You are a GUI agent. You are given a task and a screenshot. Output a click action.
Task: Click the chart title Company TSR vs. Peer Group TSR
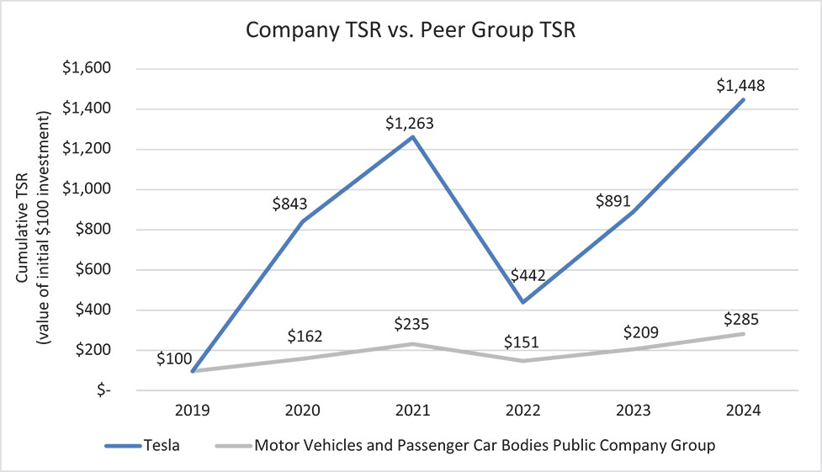tap(411, 31)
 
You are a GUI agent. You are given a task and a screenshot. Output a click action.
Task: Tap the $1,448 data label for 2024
tap(742, 85)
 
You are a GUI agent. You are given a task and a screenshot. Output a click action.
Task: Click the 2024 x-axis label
tap(743, 411)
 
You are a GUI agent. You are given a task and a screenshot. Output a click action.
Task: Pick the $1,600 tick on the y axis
tap(87, 69)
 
